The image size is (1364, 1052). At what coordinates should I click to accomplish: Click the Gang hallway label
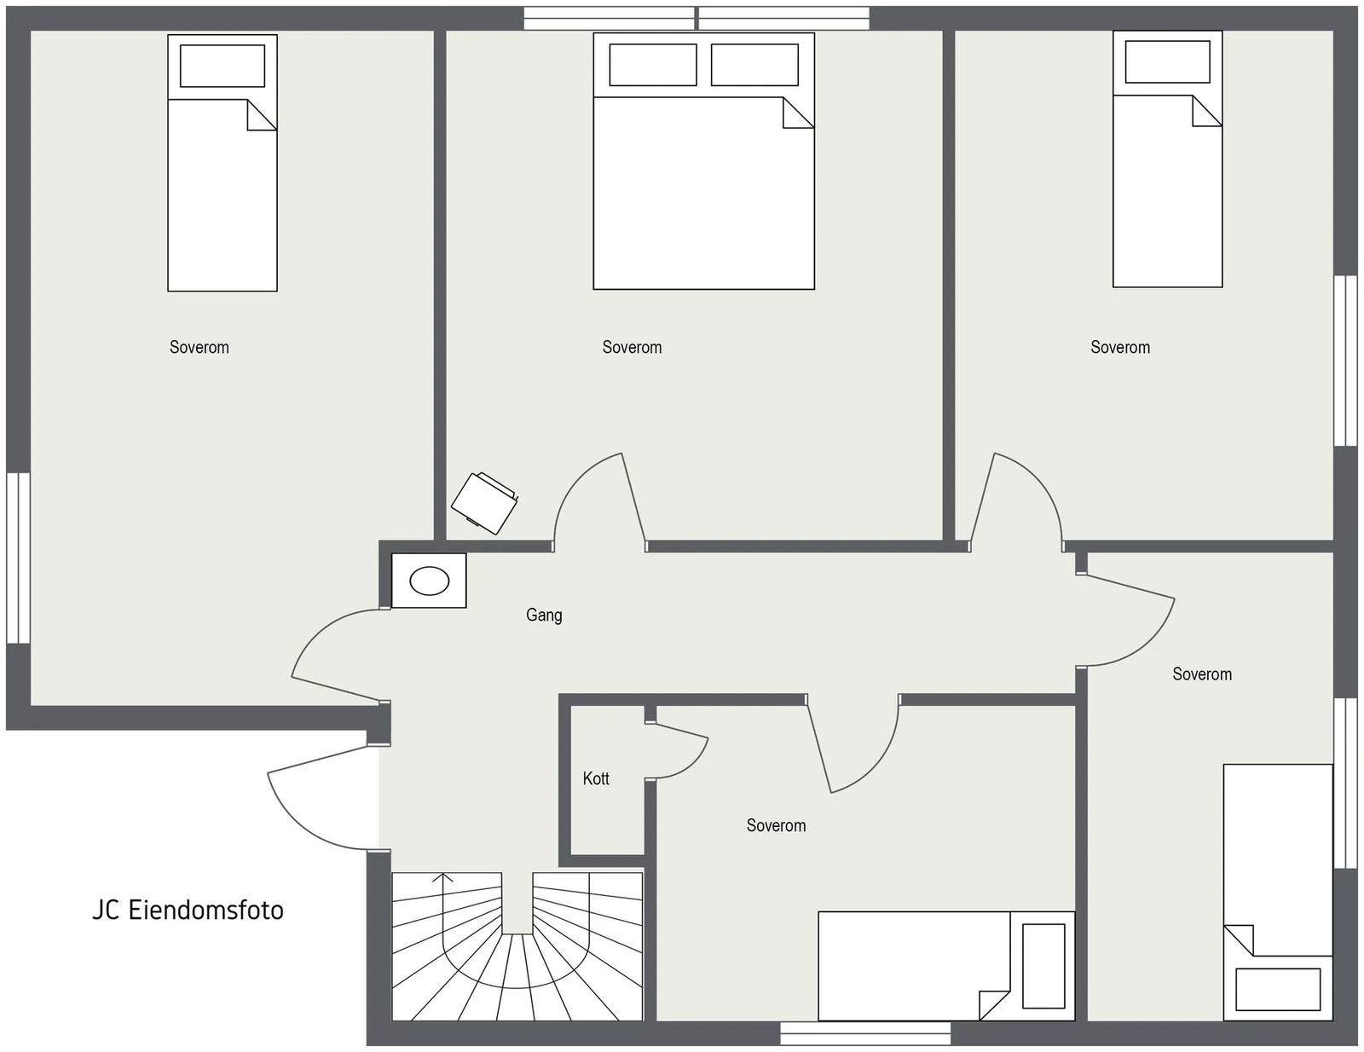coord(544,616)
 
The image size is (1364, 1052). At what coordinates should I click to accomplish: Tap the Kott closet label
coord(596,779)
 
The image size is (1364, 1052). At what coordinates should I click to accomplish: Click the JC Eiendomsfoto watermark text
coord(188,910)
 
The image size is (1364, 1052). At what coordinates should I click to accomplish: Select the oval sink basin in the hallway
coord(430,581)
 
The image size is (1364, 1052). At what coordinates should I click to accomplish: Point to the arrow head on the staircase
coord(443,877)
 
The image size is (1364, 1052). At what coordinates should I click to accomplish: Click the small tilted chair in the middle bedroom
coord(484,503)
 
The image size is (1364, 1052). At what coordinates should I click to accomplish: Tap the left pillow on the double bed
coord(653,65)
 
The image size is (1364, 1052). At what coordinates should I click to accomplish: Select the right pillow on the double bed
coord(754,65)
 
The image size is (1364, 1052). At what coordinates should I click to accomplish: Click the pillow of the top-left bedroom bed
coord(223,66)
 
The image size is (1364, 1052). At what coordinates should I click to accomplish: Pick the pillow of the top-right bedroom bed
coord(1168,61)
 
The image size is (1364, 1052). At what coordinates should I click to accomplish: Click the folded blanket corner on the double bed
coord(799,113)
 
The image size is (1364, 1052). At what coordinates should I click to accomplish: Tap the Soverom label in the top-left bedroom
coord(199,347)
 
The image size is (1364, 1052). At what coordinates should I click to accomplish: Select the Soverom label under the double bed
coord(632,347)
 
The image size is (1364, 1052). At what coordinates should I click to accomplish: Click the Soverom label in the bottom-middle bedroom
coord(776,825)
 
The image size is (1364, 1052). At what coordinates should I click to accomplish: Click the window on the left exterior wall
coord(18,558)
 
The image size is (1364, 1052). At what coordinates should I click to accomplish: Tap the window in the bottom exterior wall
coord(865,1034)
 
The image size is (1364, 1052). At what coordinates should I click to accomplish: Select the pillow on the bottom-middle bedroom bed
coord(1043,966)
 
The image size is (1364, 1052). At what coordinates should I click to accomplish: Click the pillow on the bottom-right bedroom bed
coord(1278,990)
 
